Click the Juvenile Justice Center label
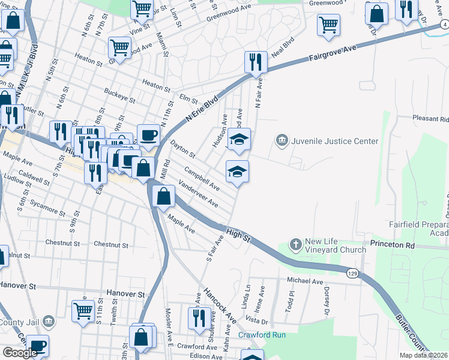334,142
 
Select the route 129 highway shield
352,274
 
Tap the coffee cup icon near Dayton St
148,134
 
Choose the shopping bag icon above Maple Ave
163,196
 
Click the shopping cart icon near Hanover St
83,310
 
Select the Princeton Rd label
393,245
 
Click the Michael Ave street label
305,281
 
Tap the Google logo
20,353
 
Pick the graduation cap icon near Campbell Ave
237,172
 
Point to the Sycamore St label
50,211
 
